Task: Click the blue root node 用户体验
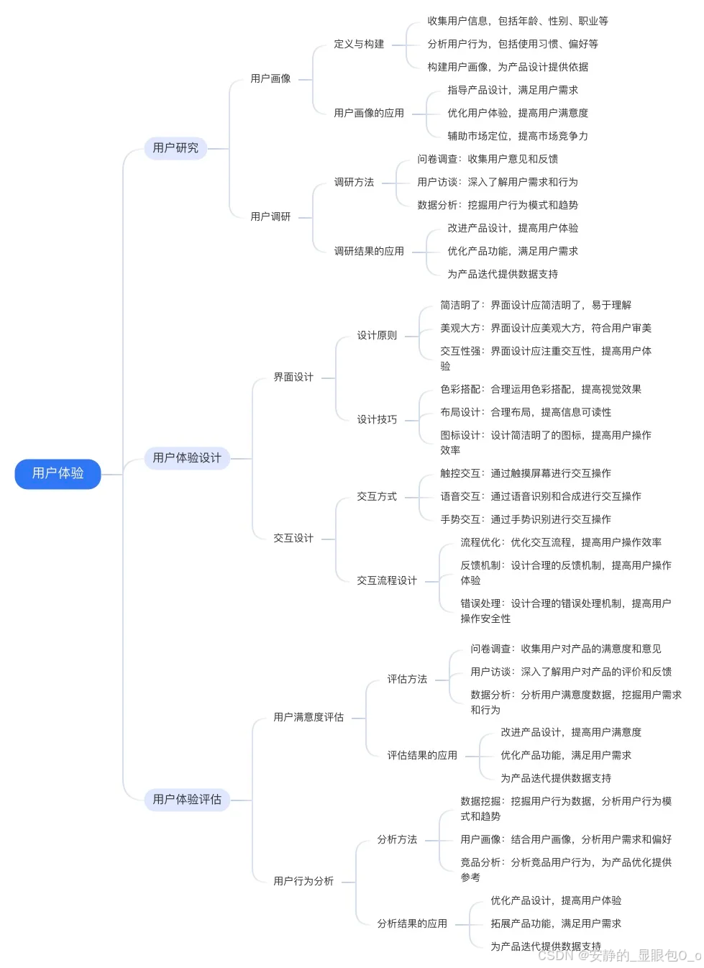tap(58, 473)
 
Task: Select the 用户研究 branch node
tap(175, 147)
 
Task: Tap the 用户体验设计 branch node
tap(187, 457)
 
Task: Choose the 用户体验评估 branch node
tap(187, 799)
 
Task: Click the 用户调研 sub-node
tap(270, 216)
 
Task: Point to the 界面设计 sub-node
tap(293, 377)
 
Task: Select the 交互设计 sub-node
tap(293, 538)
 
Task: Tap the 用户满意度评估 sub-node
tap(308, 717)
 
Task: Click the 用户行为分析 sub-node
tap(303, 881)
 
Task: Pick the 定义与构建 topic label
tap(359, 44)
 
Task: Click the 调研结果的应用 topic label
tap(369, 251)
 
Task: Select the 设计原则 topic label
tap(377, 335)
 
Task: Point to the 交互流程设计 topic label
tap(387, 580)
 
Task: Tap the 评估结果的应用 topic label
tap(422, 755)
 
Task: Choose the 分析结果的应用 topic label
tap(412, 923)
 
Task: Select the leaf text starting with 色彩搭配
tap(541, 389)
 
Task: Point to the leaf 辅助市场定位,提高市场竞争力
tap(518, 136)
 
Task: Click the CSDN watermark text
tap(618, 955)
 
